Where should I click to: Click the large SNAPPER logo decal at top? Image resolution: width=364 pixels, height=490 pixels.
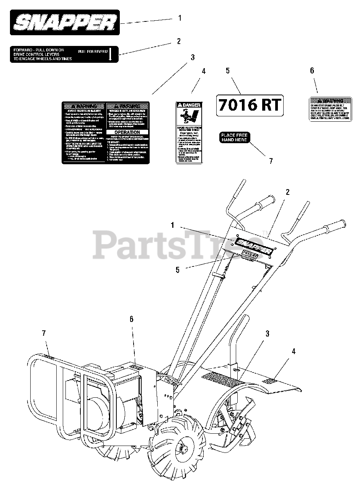65,23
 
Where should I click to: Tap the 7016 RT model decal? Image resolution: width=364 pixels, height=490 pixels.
250,105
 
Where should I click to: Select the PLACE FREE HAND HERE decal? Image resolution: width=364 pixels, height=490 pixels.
234,137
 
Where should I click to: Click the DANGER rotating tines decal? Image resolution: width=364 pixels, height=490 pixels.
189,132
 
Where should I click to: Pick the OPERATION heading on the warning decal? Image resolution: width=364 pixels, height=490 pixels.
127,132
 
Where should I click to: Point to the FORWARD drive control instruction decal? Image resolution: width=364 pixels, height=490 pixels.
64,54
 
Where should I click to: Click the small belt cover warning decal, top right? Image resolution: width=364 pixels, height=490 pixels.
330,109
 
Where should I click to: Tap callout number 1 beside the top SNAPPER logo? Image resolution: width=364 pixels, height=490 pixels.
180,18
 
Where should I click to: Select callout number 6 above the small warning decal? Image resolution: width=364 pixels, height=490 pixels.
312,70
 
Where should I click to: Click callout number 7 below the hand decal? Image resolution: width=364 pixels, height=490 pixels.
271,161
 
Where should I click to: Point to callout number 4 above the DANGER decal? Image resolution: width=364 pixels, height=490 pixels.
204,71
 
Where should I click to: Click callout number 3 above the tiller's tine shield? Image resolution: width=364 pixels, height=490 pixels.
268,334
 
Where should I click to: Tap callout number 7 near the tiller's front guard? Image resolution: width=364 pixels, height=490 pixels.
44,333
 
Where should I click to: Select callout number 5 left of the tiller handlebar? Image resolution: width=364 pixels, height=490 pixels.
177,269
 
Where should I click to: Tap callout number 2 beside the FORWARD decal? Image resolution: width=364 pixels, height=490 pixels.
178,41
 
